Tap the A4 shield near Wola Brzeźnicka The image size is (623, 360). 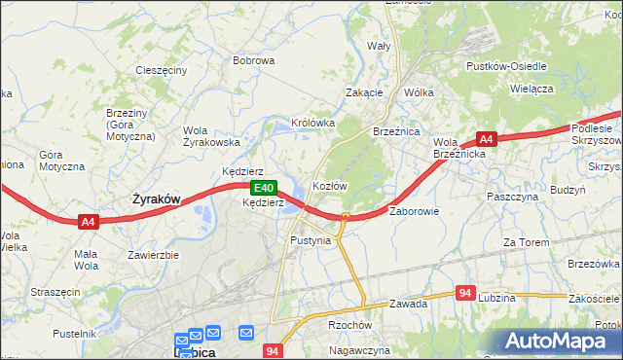click(488, 139)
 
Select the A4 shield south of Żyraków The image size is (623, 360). click(88, 222)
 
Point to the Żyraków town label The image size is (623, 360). click(156, 198)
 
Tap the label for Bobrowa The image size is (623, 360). click(253, 60)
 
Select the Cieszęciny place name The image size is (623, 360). click(162, 71)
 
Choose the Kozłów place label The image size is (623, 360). click(329, 185)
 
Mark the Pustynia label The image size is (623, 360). click(311, 239)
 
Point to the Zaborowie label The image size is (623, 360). click(416, 210)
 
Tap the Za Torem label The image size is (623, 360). click(526, 241)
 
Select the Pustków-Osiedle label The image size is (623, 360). click(506, 66)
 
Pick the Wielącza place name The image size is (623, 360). click(531, 88)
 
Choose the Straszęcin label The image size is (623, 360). click(55, 290)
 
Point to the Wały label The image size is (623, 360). click(378, 46)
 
